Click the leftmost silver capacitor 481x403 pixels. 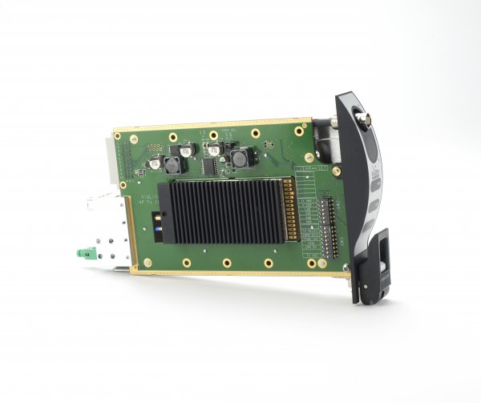coord(187,150)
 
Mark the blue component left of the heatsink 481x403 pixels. coord(160,229)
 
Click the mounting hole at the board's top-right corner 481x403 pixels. coord(305,128)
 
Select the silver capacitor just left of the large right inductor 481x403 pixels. coord(213,148)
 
